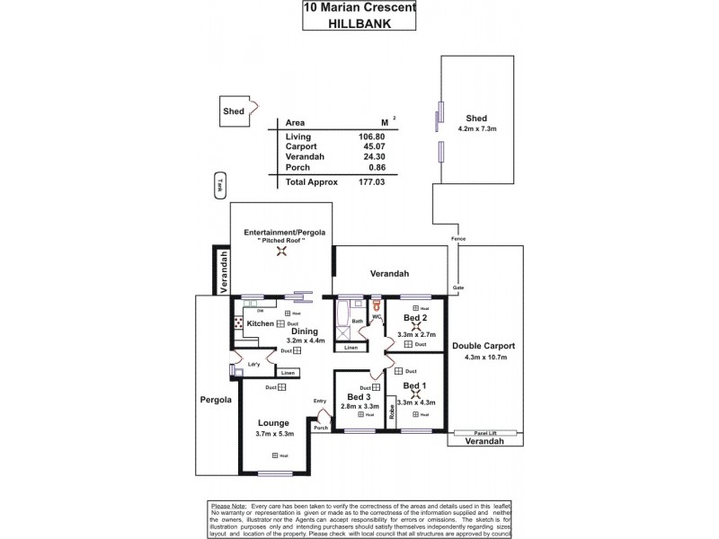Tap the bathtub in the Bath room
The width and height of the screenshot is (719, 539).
pyautogui.click(x=342, y=316)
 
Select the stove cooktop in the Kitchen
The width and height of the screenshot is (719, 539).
pyautogui.click(x=238, y=323)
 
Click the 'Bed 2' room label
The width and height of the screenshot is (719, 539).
pyautogui.click(x=413, y=318)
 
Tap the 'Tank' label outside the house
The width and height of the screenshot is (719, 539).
pyautogui.click(x=217, y=183)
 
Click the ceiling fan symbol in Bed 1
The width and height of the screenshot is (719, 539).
pyautogui.click(x=414, y=393)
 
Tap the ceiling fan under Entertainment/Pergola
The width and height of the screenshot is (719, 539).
pyautogui.click(x=282, y=252)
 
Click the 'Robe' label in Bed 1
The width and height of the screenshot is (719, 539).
pyautogui.click(x=392, y=412)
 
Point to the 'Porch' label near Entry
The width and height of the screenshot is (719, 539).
pyautogui.click(x=321, y=428)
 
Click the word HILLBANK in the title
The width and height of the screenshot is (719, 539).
pyautogui.click(x=359, y=26)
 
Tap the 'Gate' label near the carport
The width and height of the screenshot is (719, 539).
pyautogui.click(x=458, y=287)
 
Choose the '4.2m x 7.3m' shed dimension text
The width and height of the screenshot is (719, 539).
pyautogui.click(x=476, y=129)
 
